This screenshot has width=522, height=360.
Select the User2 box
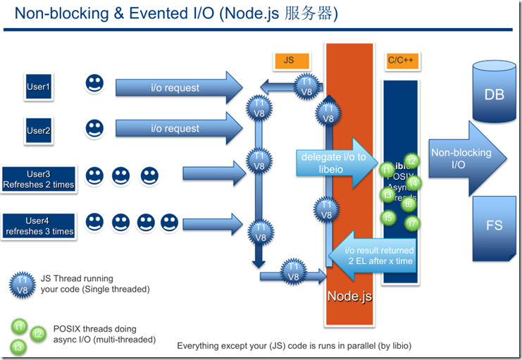(37, 130)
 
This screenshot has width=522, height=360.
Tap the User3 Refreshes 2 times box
(38, 179)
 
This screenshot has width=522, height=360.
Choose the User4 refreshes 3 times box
(38, 225)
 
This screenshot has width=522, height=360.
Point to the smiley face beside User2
(94, 128)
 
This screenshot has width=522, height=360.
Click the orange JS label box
(289, 61)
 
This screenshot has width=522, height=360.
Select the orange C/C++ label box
(400, 61)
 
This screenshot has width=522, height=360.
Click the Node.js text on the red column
(349, 297)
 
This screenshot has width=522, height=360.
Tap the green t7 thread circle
(413, 223)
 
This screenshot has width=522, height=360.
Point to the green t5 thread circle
(389, 218)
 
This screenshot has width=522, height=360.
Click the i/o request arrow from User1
(176, 88)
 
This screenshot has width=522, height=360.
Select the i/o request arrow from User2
(176, 129)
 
